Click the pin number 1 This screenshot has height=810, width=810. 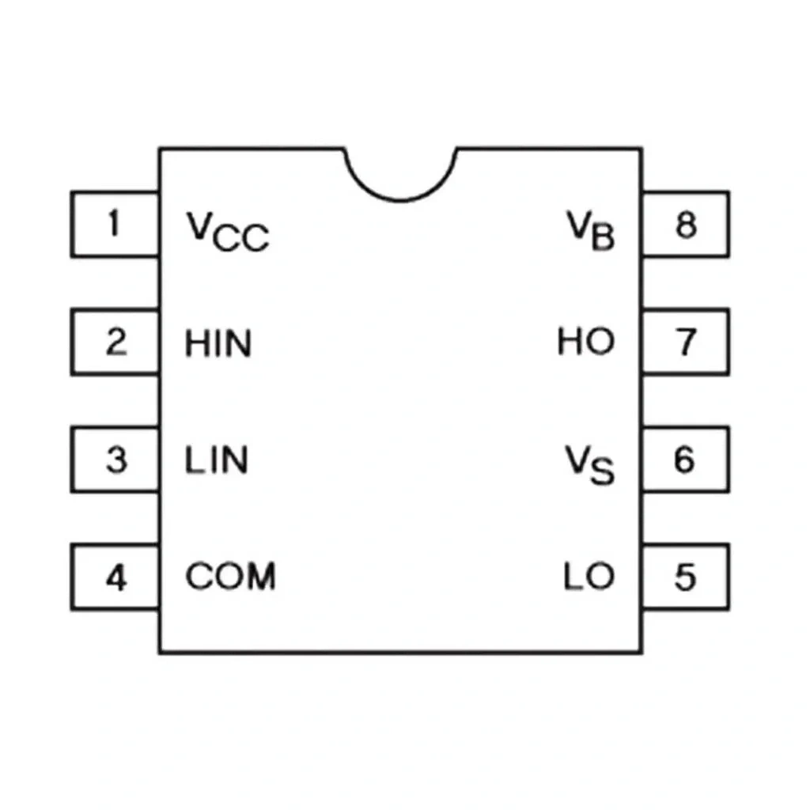coord(114,223)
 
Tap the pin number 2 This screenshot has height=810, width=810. coord(116,342)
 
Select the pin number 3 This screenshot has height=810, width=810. coord(116,460)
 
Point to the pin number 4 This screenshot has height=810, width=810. coord(116,577)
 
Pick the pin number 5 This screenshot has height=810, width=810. coord(686,577)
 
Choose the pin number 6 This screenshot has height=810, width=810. coord(685,460)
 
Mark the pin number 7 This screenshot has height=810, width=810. coord(686,342)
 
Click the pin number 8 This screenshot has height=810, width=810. coord(686,224)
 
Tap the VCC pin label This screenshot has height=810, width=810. coord(228,232)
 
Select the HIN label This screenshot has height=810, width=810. coord(218,343)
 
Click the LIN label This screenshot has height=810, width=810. coord(217,460)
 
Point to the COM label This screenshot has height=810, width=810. coord(230,576)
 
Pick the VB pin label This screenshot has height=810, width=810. coord(591,231)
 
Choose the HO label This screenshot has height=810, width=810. coord(586,342)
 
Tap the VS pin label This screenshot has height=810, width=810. coord(590,465)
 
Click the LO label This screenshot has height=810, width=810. coord(589,576)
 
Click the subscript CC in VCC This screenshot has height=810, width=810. coord(240,238)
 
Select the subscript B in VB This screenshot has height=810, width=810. coord(603,237)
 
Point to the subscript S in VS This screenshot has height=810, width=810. coord(603,471)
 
